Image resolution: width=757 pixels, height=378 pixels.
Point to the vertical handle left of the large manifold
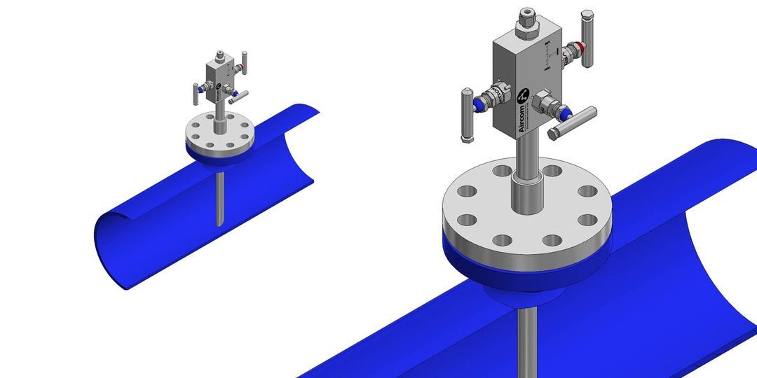coord(468,115)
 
